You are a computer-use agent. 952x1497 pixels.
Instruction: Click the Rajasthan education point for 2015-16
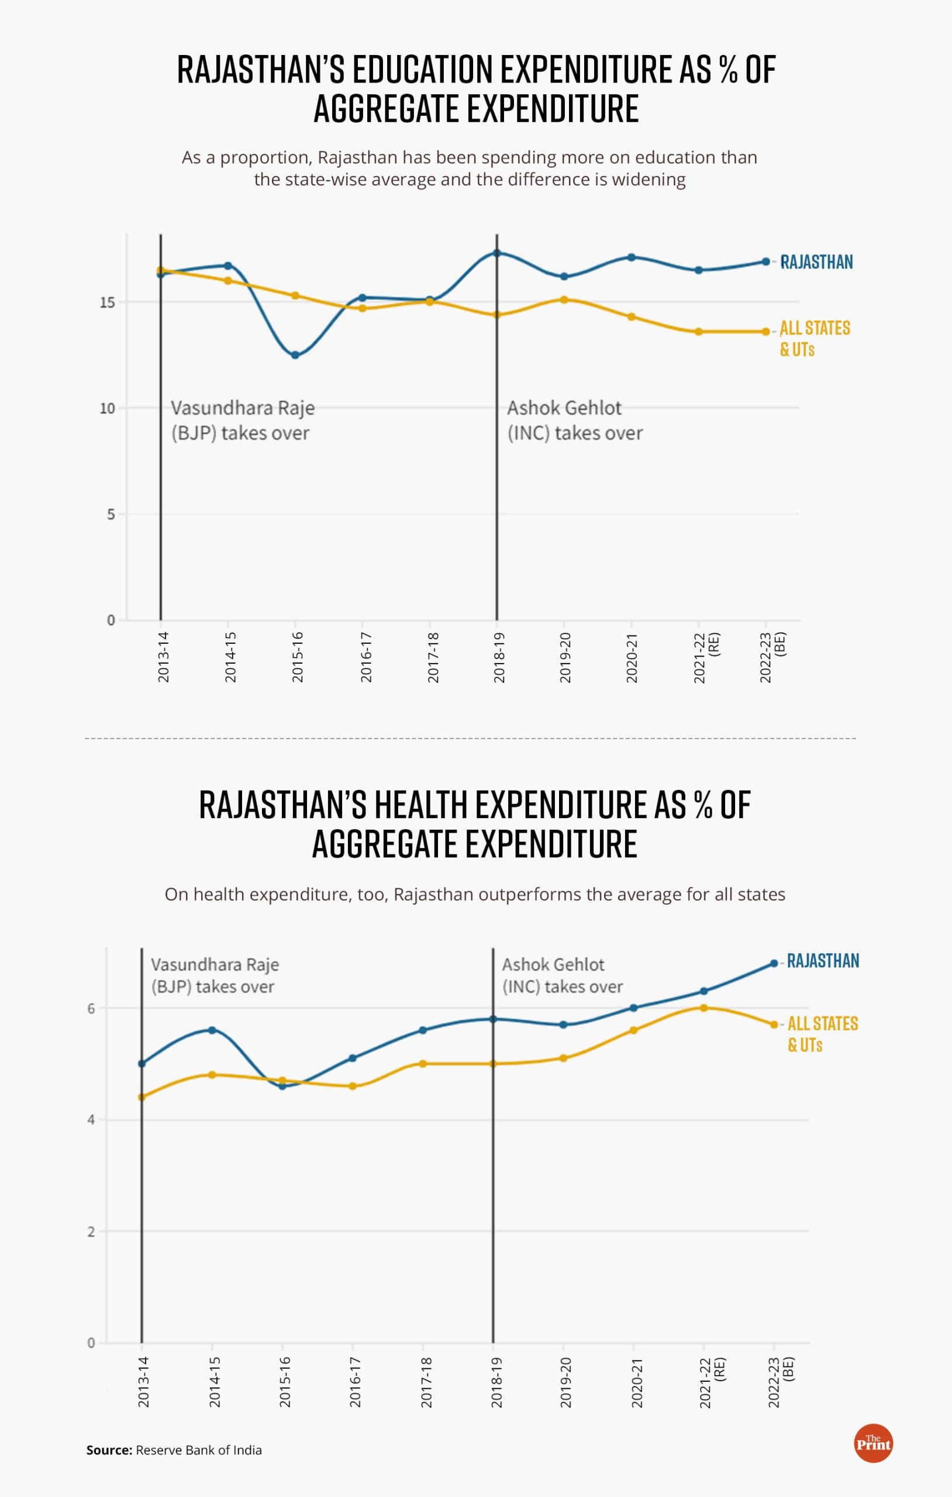(295, 355)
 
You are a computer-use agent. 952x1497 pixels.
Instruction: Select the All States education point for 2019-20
(564, 299)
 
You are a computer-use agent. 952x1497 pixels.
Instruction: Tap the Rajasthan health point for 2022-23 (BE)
(774, 963)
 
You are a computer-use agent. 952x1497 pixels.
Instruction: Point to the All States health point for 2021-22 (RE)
(703, 1008)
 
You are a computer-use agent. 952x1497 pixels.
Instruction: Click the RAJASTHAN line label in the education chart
(816, 262)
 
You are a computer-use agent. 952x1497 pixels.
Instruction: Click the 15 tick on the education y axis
(108, 303)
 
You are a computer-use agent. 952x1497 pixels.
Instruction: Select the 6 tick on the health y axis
(91, 1008)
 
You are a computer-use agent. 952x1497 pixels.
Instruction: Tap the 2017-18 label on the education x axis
(433, 657)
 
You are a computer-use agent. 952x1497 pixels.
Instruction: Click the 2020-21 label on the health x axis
(636, 1382)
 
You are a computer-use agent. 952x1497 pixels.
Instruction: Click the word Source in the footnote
(109, 1450)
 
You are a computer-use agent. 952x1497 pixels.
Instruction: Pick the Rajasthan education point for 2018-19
(497, 253)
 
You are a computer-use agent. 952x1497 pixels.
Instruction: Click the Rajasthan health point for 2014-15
(212, 1030)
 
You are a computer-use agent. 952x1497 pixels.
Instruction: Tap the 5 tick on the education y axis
(111, 515)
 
